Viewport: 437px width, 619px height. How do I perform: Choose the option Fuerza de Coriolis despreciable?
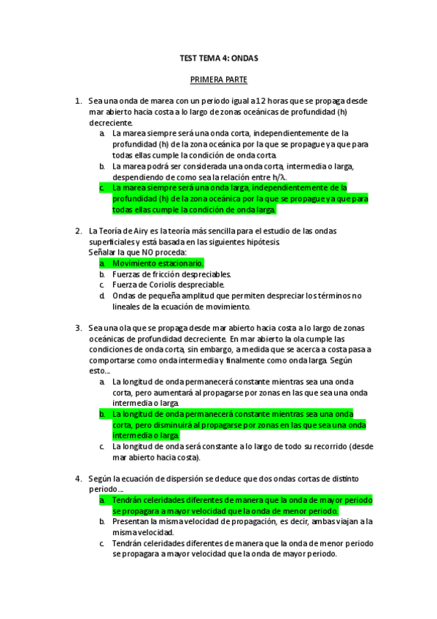pyautogui.click(x=168, y=285)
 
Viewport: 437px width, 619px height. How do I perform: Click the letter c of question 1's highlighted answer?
pyautogui.click(x=102, y=188)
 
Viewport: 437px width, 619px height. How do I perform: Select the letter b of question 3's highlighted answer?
pyautogui.click(x=102, y=414)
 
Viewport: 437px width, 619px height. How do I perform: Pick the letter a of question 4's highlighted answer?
pyautogui.click(x=102, y=500)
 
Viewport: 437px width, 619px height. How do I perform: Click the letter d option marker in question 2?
pyautogui.click(x=102, y=296)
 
